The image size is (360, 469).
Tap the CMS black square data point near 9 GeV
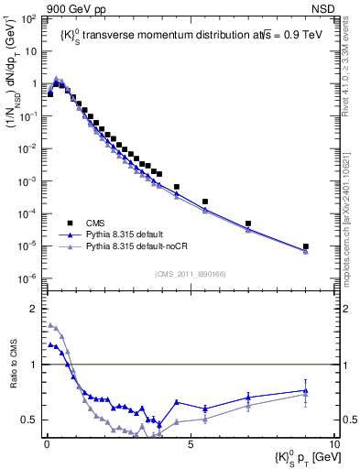(306, 246)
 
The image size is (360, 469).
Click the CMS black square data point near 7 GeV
(248, 224)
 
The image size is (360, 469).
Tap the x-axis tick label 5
(191, 442)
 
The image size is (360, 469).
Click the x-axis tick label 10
(333, 442)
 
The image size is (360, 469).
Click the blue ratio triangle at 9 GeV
(306, 390)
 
